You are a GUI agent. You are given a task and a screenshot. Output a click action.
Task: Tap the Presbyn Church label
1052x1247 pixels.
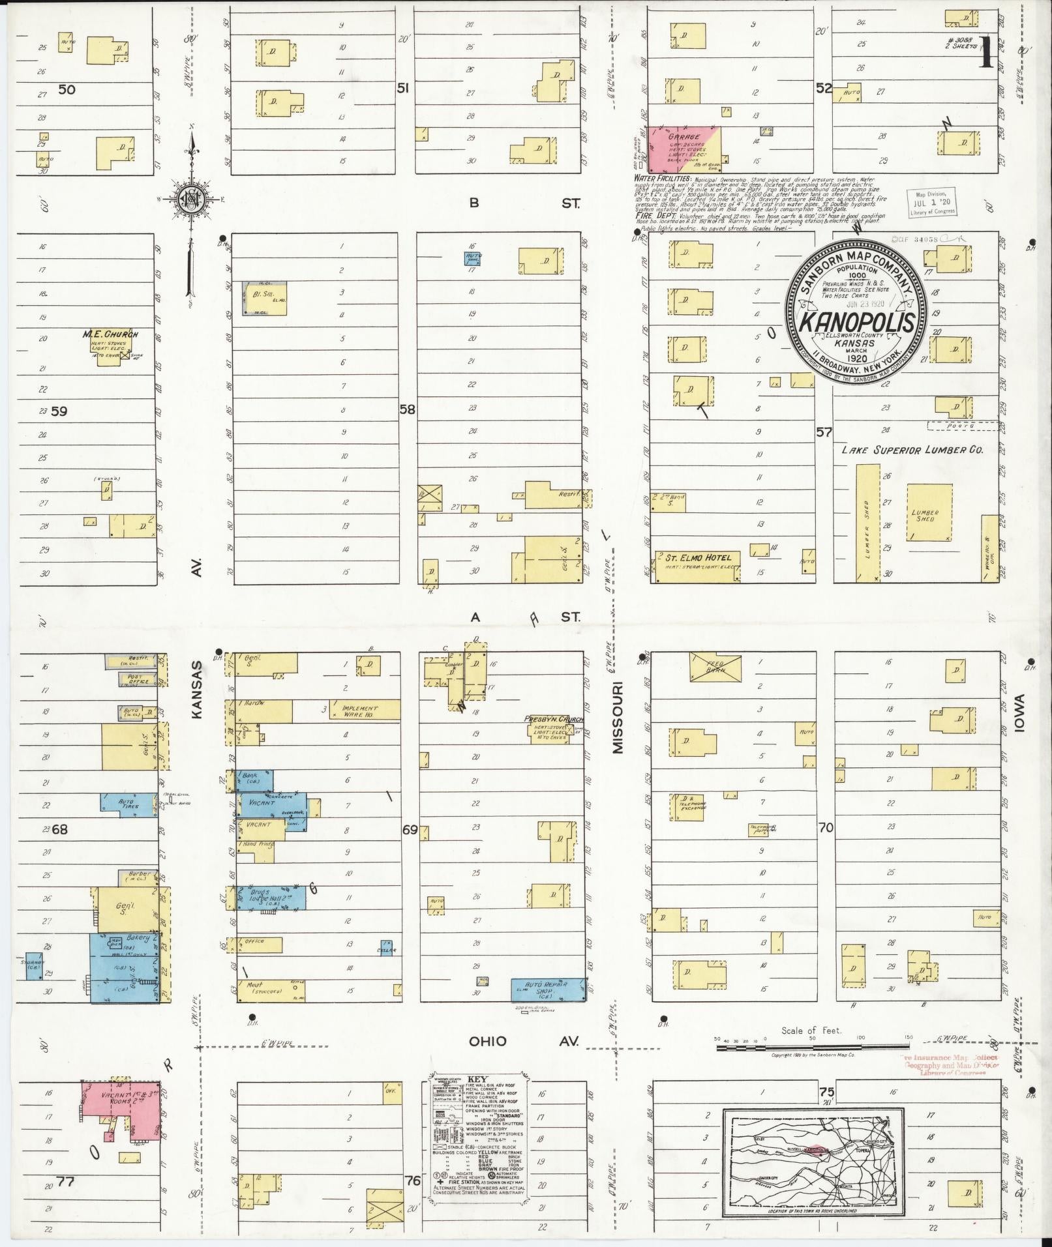(553, 720)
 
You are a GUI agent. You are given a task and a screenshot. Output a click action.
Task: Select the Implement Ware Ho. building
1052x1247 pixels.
(364, 709)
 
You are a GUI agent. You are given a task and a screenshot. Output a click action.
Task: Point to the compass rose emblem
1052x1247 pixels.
(192, 199)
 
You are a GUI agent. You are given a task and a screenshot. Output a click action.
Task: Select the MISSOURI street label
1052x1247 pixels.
(618, 718)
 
